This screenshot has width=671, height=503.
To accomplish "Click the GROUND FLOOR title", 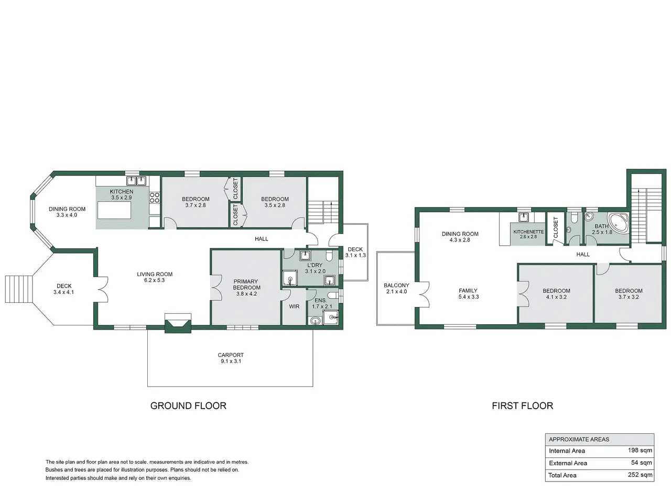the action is pos(188,406).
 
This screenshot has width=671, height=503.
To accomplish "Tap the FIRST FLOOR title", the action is pos(522,406).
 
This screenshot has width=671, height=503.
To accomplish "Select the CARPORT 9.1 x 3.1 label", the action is pos(231,358).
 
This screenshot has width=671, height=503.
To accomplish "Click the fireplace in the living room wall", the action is pos(178,323).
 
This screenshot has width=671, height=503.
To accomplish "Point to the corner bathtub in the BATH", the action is pos(618,223).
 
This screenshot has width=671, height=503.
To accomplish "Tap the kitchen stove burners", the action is pos(154,198).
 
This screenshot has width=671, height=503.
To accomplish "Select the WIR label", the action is pos(294,307).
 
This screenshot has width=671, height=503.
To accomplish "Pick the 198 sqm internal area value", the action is pos(640,450).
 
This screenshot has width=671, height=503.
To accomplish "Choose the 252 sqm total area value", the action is pos(640,475).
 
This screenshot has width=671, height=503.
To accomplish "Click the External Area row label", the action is pos(568,463).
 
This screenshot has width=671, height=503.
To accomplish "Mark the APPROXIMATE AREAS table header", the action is pos(579,439).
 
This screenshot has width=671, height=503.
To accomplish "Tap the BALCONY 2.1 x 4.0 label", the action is pos(396,288).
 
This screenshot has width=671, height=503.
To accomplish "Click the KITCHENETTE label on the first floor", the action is pos(528,232).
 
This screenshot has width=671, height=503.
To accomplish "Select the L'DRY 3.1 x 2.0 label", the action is pos(315,268).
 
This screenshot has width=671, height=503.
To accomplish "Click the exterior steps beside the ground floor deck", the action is pos(19,289).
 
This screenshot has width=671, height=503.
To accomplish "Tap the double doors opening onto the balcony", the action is pos(424,294).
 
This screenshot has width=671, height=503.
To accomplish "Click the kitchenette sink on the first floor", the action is pos(524,217).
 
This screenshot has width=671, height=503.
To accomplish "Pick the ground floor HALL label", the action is pos(261,239).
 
